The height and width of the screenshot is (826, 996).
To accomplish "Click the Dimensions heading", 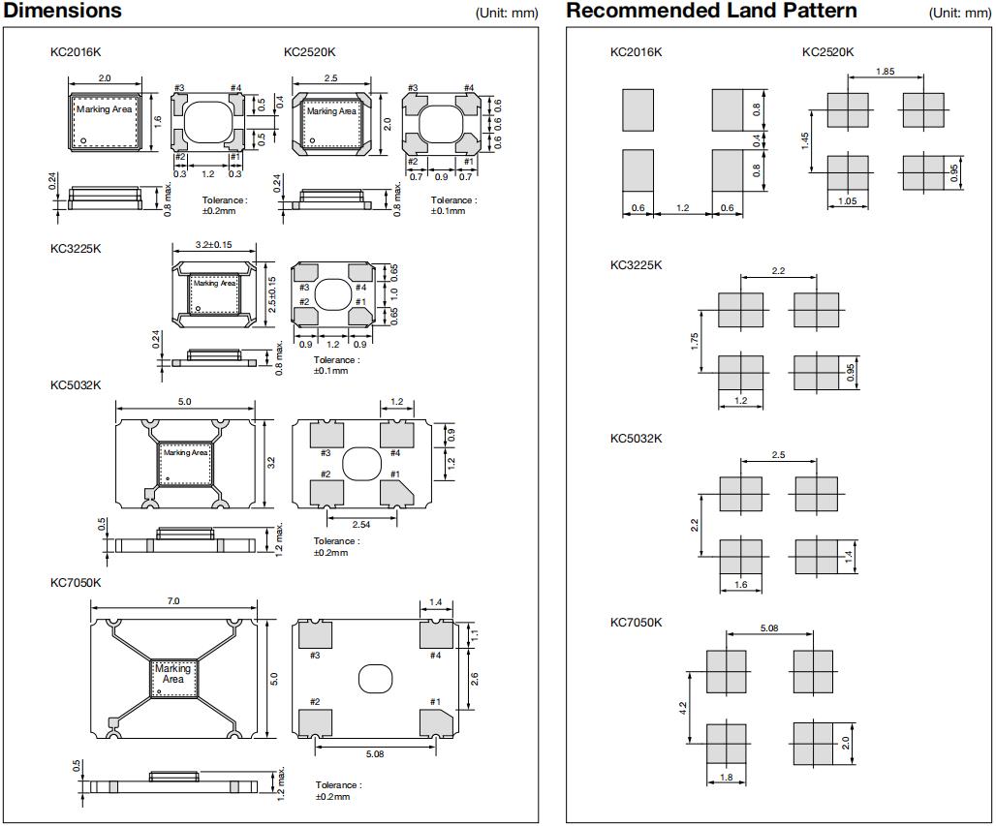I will point(64,11).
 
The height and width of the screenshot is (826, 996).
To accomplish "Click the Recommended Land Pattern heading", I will point(711,11).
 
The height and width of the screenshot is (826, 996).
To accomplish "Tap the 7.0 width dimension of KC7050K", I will point(173,601).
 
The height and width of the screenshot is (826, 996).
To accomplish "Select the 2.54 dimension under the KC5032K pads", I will point(360,524).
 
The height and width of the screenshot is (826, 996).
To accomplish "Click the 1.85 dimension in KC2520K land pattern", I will point(885,72).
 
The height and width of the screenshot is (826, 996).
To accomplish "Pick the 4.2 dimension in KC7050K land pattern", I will point(682,708).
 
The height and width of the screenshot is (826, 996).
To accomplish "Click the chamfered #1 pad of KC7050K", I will point(436,724).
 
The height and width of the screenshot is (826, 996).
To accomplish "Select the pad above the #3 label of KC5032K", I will point(326,435).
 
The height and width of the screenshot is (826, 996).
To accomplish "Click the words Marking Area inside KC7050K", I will point(173,674).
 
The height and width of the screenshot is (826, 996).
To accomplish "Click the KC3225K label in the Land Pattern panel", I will point(636,265).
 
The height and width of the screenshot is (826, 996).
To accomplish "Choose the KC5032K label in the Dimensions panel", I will point(76,385).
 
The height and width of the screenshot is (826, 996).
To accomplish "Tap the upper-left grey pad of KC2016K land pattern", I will point(638,110).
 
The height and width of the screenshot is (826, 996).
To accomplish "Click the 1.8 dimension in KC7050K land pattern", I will point(727,778).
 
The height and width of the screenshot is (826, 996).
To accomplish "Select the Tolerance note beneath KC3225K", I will point(336,365).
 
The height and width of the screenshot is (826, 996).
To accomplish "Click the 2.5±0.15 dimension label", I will point(273,293).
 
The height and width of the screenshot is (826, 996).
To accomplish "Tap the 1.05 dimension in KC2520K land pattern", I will point(848,201).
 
